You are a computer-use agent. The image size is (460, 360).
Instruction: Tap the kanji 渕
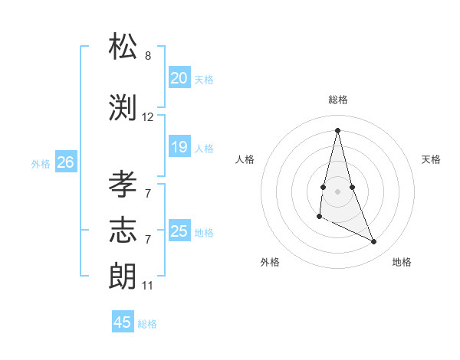(123, 107)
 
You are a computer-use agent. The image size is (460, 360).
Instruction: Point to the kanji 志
(123, 229)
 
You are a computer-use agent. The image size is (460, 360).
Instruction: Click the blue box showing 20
(179, 78)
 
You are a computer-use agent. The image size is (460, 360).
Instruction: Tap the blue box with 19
(179, 147)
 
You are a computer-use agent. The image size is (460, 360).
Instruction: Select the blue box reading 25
(179, 231)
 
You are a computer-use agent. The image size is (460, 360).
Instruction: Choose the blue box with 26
(65, 162)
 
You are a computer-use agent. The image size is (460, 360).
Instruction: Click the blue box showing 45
(123, 322)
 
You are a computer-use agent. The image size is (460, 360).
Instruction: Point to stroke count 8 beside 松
(148, 56)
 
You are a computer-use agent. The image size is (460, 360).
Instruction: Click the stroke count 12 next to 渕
(148, 117)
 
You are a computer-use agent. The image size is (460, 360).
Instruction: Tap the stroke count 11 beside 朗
(148, 286)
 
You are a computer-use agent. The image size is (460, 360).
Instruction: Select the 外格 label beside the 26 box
(41, 163)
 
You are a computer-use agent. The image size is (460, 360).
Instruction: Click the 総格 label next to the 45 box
(147, 323)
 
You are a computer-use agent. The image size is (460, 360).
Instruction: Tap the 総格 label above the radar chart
(337, 100)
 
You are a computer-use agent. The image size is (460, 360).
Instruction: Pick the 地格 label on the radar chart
(402, 262)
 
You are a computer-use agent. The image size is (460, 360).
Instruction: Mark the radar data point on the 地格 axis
(374, 242)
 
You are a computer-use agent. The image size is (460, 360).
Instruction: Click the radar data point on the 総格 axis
(337, 129)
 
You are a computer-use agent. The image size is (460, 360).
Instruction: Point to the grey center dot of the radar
(337, 190)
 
